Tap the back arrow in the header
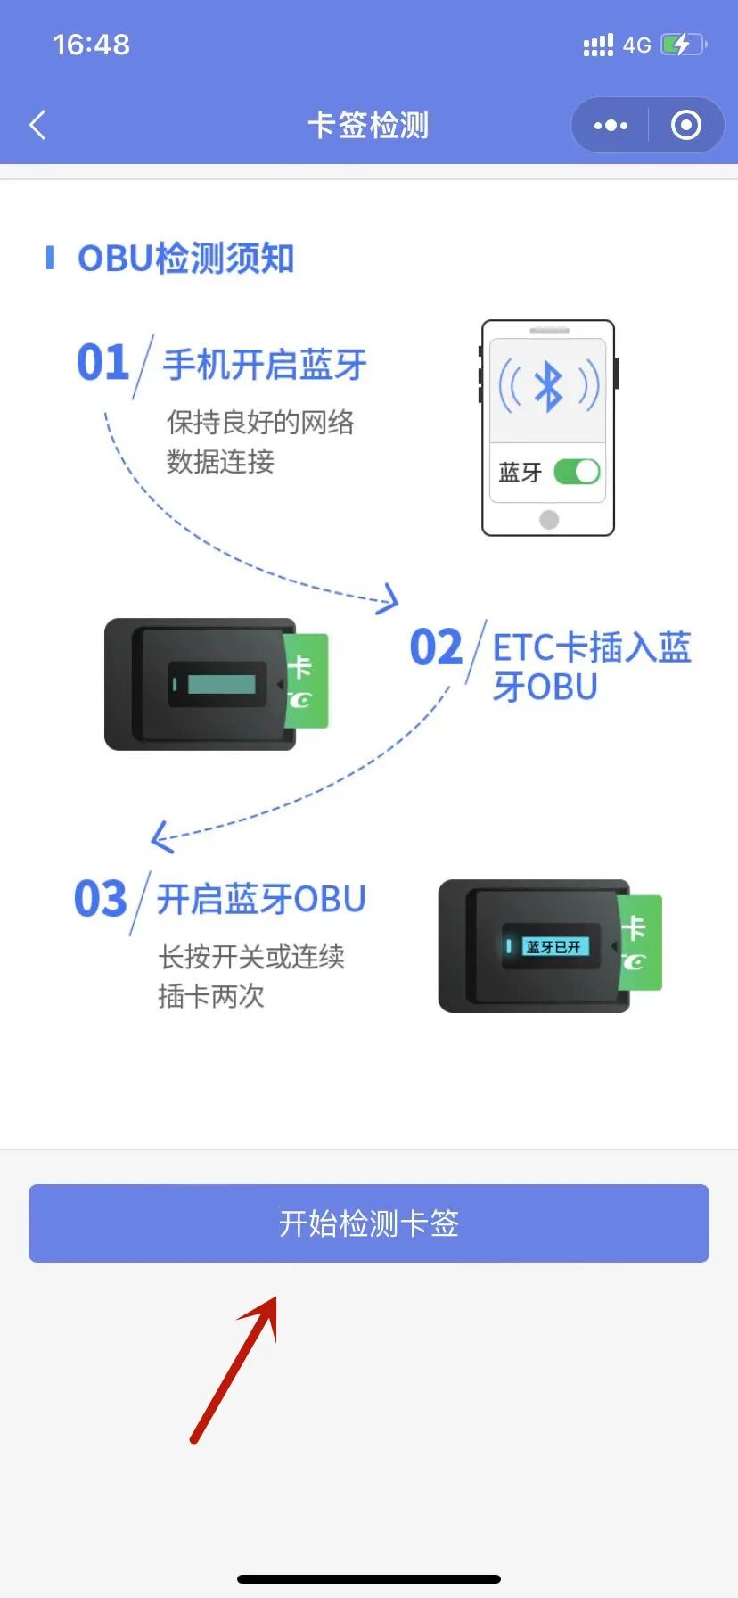pos(37,126)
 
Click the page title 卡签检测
pos(368,126)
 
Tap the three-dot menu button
pos(611,126)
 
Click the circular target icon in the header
pos(685,126)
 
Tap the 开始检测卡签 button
pos(368,1223)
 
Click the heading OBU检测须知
pos(185,259)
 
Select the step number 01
pos(102,363)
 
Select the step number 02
pos(436,647)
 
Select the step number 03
pos(101,899)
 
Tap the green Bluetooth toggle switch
pos(577,472)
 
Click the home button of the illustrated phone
pos(549,519)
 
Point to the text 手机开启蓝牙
pos(265,365)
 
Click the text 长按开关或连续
pos(251,957)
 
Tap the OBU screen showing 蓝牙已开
pos(553,946)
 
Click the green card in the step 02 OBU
pos(305,680)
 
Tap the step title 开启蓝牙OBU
pos(261,899)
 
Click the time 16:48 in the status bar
pos(92,45)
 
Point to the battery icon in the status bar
pos(683,45)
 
